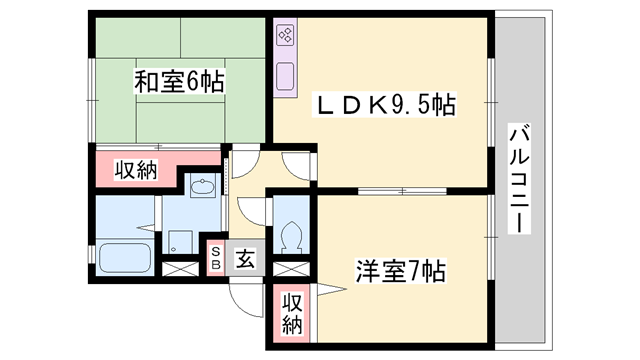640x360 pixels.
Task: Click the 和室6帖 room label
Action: click(179, 81)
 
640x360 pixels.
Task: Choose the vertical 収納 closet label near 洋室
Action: click(291, 313)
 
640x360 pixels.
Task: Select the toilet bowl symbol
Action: click(293, 236)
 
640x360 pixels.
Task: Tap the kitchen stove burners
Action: click(284, 38)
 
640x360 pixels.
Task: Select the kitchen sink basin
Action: click(284, 75)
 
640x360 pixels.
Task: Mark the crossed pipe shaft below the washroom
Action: click(181, 268)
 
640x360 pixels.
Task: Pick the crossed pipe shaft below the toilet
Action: click(288, 268)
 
